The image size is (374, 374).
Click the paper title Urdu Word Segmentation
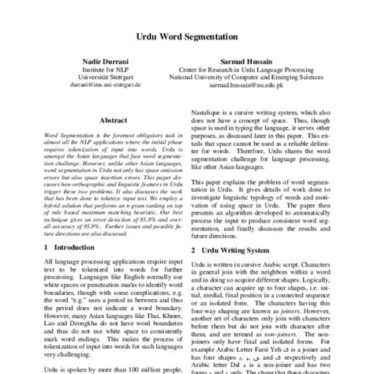187,35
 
